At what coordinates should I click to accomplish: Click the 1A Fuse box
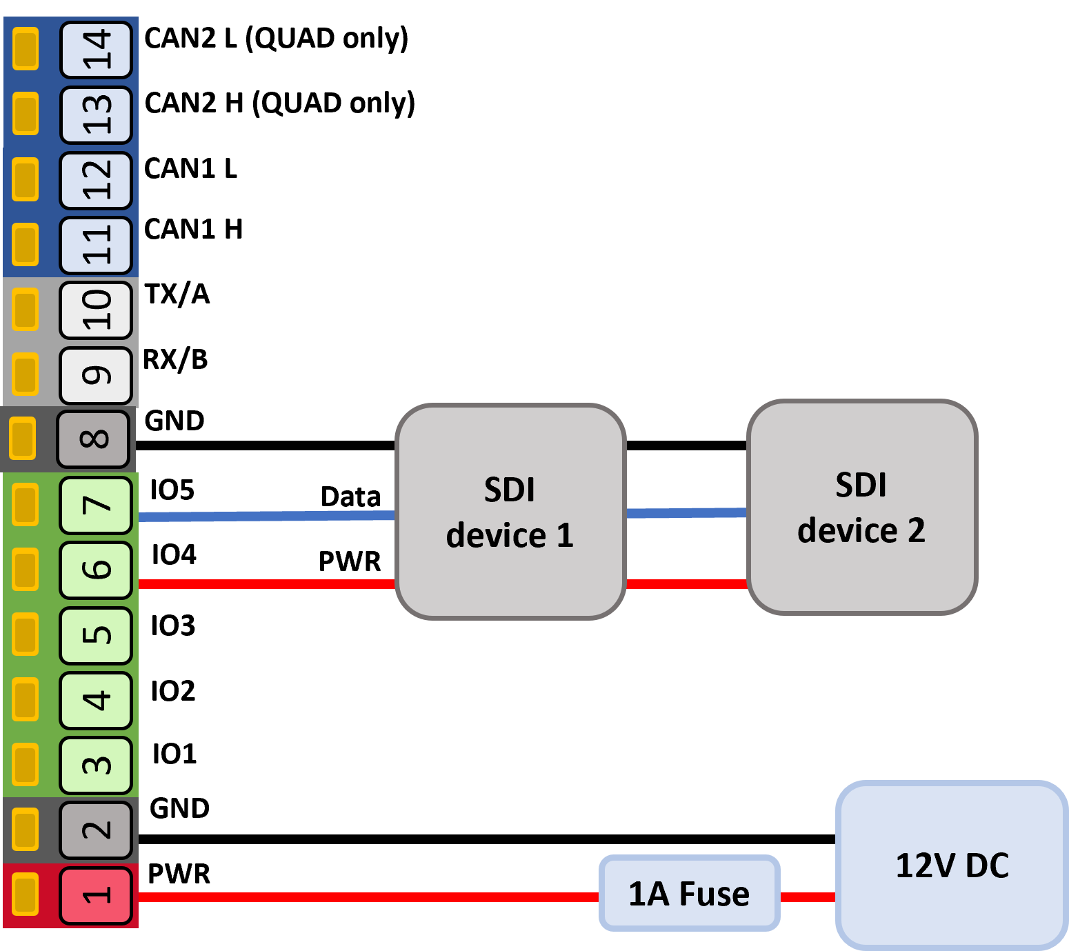tap(689, 893)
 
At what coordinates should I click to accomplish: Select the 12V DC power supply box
tap(952, 865)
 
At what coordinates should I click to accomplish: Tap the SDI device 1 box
tap(510, 512)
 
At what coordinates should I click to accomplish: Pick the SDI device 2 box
tap(862, 507)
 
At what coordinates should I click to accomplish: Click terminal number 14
tap(96, 50)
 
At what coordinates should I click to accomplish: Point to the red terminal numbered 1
tap(96, 896)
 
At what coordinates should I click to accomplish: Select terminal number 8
tap(94, 439)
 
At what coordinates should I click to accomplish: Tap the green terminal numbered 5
tap(96, 635)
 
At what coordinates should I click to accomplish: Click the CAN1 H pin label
tap(194, 229)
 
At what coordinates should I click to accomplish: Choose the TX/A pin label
tap(177, 294)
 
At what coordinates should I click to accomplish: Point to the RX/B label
tap(176, 360)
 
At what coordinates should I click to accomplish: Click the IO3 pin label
tap(173, 625)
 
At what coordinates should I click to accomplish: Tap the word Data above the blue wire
tap(350, 497)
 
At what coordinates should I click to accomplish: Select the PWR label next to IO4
tap(349, 561)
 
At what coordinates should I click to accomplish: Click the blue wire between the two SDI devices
tap(686, 513)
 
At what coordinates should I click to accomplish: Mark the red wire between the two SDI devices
tap(686, 583)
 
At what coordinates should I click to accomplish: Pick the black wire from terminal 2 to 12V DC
tap(487, 839)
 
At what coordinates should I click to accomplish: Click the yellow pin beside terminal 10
tap(26, 309)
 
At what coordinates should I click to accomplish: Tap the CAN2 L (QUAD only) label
tap(277, 39)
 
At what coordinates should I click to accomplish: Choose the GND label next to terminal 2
tap(179, 808)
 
